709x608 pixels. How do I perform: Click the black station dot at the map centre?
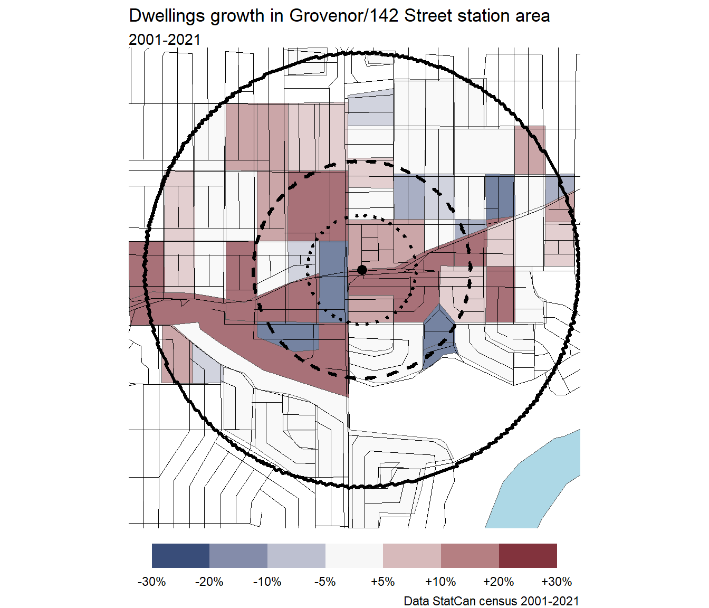[x=362, y=270]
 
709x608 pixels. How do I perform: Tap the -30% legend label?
[x=152, y=582]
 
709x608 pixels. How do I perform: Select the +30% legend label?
[x=557, y=582]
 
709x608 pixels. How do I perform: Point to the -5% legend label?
[x=325, y=582]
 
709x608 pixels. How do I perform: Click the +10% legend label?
[x=440, y=582]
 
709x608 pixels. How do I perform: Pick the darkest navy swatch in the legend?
[x=180, y=556]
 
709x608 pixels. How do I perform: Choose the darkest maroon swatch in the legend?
[x=528, y=556]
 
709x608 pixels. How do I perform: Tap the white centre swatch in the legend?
[x=354, y=556]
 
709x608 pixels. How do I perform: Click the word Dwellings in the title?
[x=167, y=16]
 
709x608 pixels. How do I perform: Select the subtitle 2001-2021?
[x=165, y=40]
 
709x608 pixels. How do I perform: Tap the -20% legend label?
[x=209, y=582]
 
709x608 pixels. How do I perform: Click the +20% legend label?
[x=499, y=582]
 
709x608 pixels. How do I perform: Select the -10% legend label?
[x=267, y=582]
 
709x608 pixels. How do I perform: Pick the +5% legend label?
[x=383, y=582]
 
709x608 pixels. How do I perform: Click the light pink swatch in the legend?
[x=412, y=556]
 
